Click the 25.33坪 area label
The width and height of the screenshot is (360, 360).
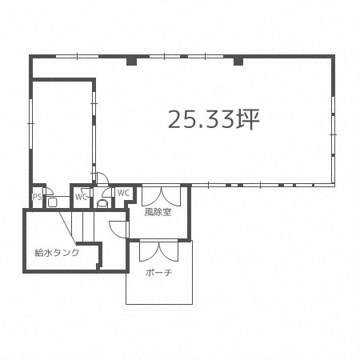click(x=214, y=119)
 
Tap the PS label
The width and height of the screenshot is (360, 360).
click(x=37, y=197)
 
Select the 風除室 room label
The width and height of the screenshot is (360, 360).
click(x=158, y=212)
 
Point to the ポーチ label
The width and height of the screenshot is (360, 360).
click(x=159, y=273)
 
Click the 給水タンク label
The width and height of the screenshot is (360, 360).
click(x=57, y=252)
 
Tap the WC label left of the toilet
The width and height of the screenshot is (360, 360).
click(x=81, y=197)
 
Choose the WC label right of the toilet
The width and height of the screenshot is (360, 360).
click(x=123, y=193)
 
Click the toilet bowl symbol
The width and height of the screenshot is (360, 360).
click(x=102, y=203)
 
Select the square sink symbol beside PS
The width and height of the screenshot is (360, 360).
click(x=52, y=202)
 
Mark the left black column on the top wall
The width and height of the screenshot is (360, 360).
click(x=131, y=62)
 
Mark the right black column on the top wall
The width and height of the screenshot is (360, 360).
click(x=238, y=62)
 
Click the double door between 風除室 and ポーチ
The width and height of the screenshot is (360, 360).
click(x=159, y=250)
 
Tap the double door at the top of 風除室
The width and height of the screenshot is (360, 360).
click(x=161, y=196)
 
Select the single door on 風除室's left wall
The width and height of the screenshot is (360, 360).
click(x=119, y=230)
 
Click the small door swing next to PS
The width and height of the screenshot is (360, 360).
click(x=48, y=191)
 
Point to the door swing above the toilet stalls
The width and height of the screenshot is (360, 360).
click(x=102, y=178)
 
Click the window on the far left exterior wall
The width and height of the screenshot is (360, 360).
click(x=30, y=124)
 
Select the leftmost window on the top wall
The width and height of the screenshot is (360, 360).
click(x=77, y=56)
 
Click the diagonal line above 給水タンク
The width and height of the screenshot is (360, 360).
click(x=67, y=228)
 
